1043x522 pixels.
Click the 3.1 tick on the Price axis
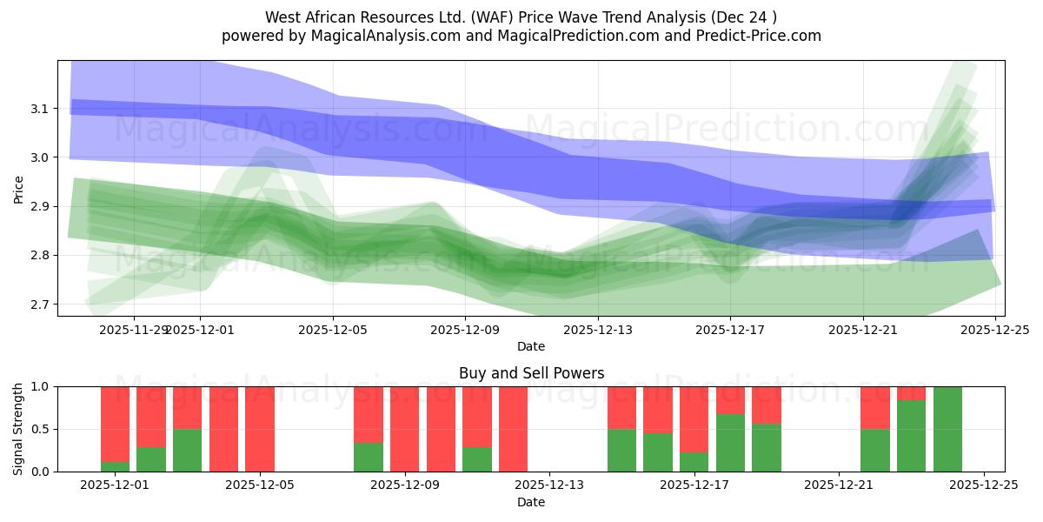[x=40, y=109]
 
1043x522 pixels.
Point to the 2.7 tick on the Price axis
[x=40, y=304]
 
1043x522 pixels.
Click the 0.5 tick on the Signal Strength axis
[x=40, y=429]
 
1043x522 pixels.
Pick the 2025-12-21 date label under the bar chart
[x=838, y=485]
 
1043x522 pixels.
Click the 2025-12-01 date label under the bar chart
[x=115, y=485]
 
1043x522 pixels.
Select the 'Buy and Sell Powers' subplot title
[x=531, y=373]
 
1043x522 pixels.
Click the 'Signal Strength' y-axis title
[x=18, y=429]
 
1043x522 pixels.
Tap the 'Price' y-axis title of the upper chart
[x=18, y=188]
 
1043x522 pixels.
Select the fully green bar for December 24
[x=947, y=429]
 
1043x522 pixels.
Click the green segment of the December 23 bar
[x=911, y=436]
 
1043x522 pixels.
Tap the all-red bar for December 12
[x=513, y=429]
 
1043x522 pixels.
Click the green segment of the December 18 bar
[x=730, y=443]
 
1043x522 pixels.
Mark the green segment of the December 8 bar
[x=369, y=457]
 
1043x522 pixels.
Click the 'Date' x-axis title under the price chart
[x=531, y=346]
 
